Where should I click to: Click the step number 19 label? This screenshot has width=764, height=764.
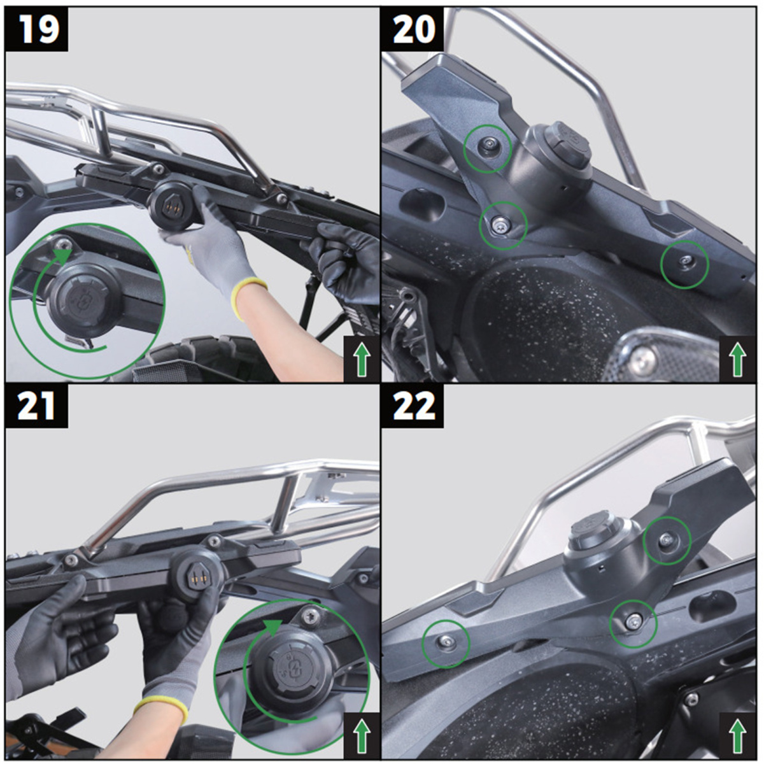[x=39, y=29]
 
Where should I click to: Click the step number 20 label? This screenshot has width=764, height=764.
[x=414, y=29]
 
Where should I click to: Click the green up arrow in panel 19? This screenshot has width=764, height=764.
[x=362, y=360]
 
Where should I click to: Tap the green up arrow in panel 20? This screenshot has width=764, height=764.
[x=737, y=360]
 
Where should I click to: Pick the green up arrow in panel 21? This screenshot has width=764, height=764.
[x=362, y=736]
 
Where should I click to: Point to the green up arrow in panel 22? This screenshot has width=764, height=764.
[x=737, y=736]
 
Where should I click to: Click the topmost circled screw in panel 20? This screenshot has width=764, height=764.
[x=488, y=148]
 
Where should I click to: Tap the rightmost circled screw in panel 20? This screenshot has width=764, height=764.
[x=685, y=260]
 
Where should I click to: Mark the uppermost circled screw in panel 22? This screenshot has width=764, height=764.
[x=666, y=539]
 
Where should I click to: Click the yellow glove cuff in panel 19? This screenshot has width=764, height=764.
[x=248, y=298]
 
